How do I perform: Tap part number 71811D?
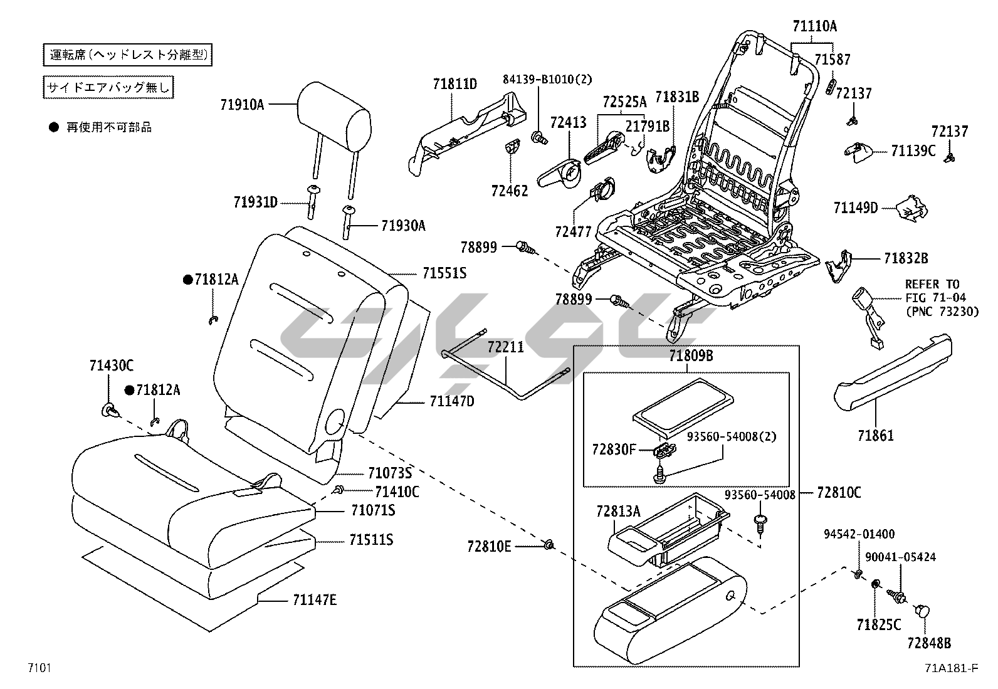[x=454, y=83]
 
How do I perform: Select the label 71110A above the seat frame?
[x=814, y=26]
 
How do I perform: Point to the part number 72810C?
[x=839, y=493]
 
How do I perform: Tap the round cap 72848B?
[x=923, y=612]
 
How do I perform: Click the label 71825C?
[x=878, y=624]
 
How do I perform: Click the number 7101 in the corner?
[x=38, y=668]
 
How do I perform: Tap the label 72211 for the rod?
[x=506, y=347]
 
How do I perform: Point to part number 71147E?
[x=314, y=600]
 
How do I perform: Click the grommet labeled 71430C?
[x=110, y=411]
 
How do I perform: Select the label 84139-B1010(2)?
[x=547, y=79]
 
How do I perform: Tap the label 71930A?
[x=403, y=226]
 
